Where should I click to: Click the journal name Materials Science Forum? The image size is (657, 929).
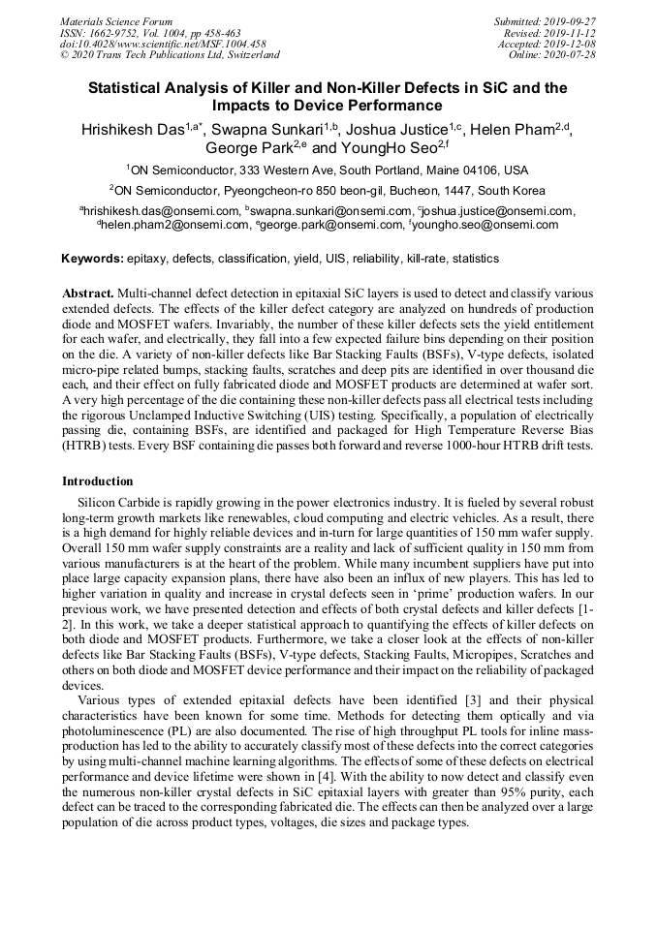115,21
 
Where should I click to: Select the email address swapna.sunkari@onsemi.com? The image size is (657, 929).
325,211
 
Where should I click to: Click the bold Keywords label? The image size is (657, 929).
92,259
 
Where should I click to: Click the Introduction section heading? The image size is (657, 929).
98,480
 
